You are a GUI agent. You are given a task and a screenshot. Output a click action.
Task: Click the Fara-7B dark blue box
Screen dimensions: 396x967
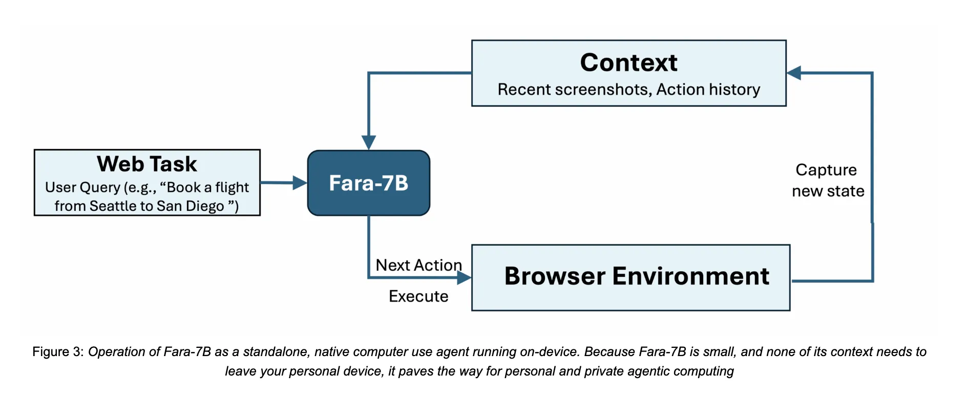coord(368,183)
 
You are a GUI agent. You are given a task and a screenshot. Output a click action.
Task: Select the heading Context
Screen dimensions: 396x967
coord(628,63)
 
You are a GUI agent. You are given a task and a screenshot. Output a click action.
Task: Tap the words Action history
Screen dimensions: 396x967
coord(708,90)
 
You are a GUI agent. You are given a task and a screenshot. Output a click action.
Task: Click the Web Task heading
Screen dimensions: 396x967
coord(147,164)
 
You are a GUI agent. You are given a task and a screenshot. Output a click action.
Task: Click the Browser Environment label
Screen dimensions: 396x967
coord(637,276)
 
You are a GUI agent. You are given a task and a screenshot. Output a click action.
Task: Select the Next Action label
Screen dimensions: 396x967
coord(418,265)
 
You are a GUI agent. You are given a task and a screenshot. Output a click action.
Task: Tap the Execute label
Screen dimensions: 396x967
coord(418,296)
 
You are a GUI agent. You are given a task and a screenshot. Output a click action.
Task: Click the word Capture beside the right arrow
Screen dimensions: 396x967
coord(826,170)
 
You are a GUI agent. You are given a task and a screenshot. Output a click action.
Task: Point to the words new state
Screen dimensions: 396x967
coord(828,191)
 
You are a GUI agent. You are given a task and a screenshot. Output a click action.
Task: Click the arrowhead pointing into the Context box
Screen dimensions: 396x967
coord(794,73)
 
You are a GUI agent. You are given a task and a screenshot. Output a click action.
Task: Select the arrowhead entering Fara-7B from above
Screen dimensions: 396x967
coord(369,142)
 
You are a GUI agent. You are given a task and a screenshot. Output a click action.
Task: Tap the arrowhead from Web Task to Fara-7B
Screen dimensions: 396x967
coord(300,183)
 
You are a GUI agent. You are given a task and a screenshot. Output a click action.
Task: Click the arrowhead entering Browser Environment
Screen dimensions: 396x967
coord(464,278)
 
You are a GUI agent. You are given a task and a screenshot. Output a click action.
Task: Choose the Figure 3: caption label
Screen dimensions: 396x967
coord(58,352)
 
